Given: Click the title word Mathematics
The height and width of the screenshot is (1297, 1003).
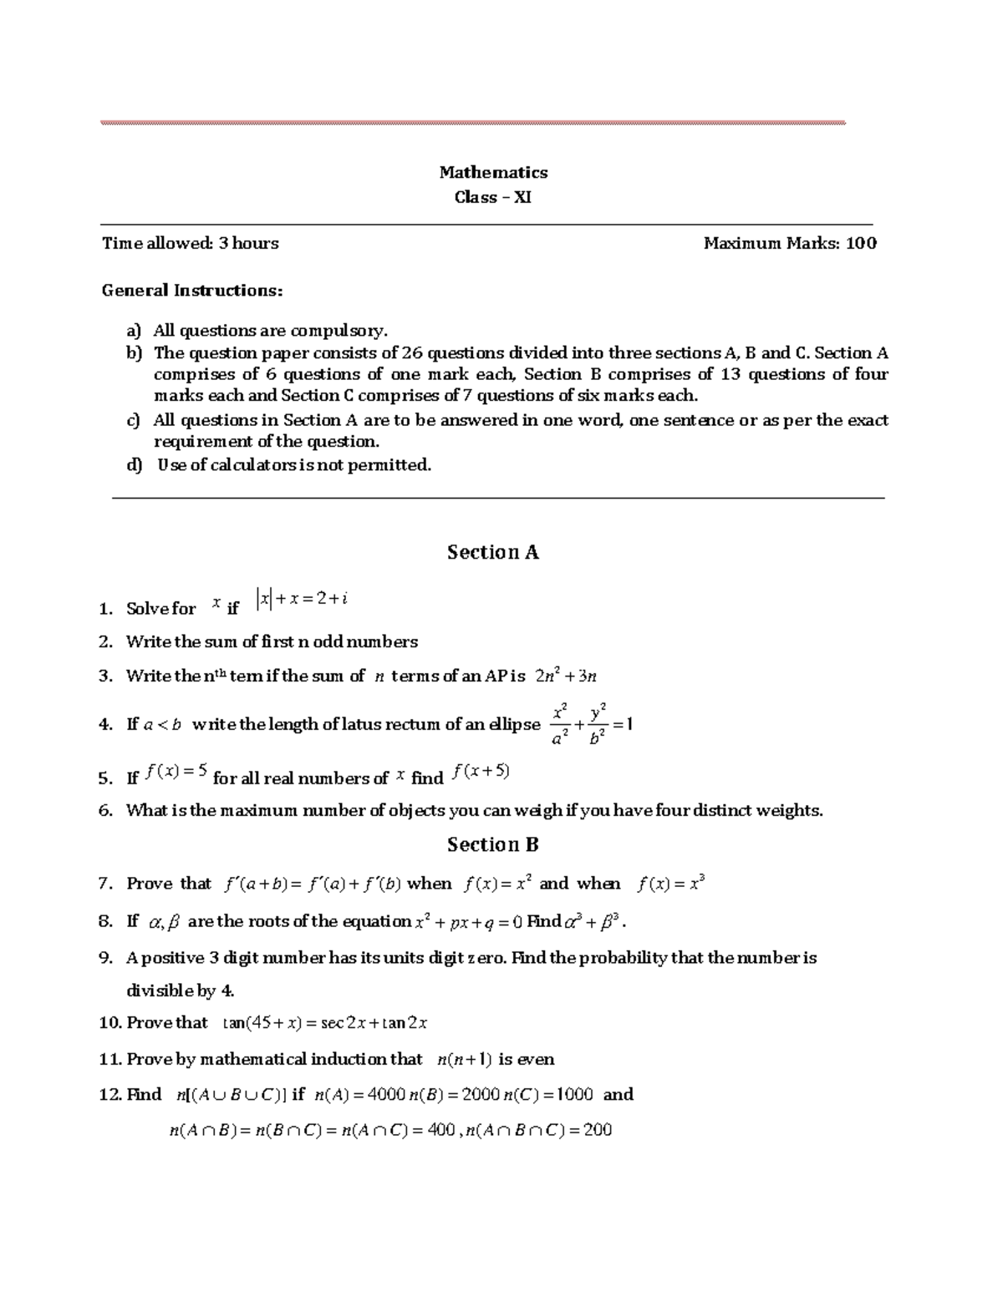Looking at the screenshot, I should (x=493, y=172).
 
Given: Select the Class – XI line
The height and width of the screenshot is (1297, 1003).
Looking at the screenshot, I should (x=493, y=198).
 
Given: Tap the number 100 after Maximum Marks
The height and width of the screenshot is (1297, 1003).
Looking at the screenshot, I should (x=861, y=244).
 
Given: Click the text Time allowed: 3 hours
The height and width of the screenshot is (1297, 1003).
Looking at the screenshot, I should (x=190, y=244).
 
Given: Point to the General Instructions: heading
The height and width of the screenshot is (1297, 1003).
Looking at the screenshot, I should (x=192, y=291).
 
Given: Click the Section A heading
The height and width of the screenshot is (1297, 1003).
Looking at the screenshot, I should (x=493, y=552).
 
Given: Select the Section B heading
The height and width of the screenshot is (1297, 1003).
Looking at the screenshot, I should (x=493, y=844).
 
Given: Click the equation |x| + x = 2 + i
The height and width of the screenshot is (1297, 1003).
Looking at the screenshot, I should (x=303, y=599).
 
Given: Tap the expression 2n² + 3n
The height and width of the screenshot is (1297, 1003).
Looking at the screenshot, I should (x=565, y=676).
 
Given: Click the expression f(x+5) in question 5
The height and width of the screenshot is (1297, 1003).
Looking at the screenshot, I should (x=481, y=772).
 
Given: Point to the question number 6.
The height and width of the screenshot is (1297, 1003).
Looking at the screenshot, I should (x=104, y=810).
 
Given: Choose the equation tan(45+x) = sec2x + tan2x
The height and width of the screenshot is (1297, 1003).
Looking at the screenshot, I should (x=326, y=1023).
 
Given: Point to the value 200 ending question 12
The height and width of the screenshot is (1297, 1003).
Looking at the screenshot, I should (x=598, y=1131).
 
